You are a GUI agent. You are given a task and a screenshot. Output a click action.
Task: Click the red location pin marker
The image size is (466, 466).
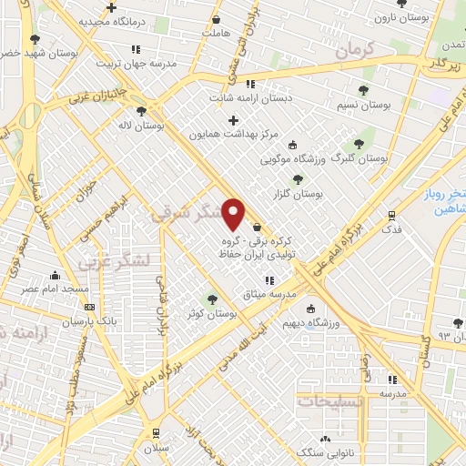coord(234,213)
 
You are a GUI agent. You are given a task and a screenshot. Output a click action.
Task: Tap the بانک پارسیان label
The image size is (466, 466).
coord(65,321)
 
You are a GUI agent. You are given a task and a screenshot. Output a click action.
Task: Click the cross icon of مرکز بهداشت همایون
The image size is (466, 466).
coord(233,120)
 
